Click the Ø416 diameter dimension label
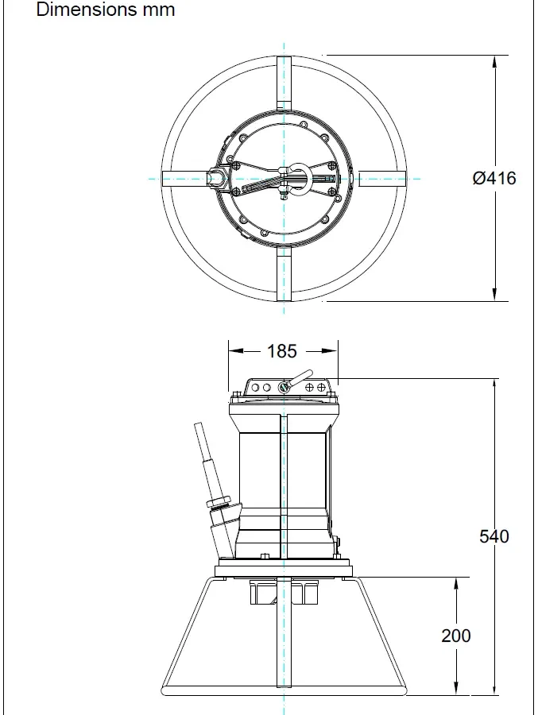(x=494, y=178)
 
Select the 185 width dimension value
(x=281, y=351)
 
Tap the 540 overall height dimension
(x=494, y=536)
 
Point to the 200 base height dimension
(x=456, y=636)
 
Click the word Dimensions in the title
(x=87, y=10)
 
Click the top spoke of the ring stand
(x=284, y=83)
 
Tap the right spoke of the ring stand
(x=382, y=178)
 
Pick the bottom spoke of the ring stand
(x=284, y=273)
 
